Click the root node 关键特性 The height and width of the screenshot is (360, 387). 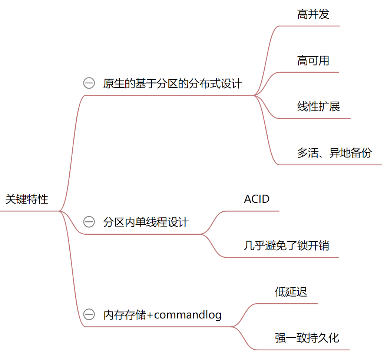tap(27, 199)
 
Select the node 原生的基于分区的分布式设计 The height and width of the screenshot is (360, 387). tap(172, 83)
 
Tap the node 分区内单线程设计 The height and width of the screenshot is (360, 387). tap(146, 222)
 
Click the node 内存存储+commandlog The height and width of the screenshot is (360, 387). tap(162, 315)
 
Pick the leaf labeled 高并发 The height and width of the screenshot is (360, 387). tap(313, 14)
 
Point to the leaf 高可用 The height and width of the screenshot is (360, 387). tap(313, 60)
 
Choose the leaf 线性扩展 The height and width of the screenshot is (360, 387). tap(318, 107)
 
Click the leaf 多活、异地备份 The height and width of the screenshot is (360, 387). tap(334, 153)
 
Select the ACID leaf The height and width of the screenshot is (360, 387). tap(257, 199)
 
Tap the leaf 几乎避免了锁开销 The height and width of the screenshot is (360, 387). tap(287, 245)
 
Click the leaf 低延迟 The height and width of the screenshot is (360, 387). tap(291, 292)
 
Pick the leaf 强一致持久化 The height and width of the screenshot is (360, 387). tap(307, 338)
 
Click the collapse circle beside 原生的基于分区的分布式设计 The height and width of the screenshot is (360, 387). tap(89, 83)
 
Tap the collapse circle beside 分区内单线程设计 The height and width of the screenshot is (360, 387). tap(89, 222)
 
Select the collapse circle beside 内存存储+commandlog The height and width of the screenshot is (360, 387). tap(89, 315)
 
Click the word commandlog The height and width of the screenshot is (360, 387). tap(188, 315)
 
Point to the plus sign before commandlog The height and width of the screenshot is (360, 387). tap(150, 315)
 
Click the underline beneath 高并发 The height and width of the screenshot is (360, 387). tap(309, 26)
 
